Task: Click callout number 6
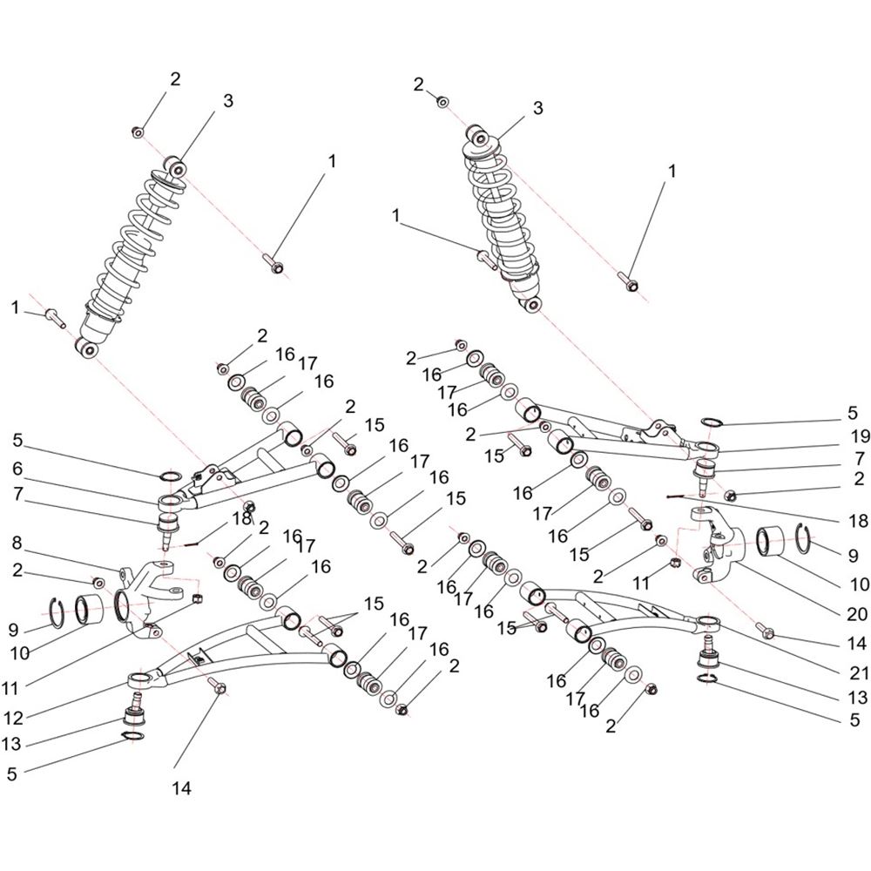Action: pos(17,469)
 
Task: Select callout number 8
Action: pos(17,543)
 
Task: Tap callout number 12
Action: pos(13,719)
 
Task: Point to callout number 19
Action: pos(860,437)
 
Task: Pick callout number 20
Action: pos(857,614)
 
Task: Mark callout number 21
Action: pos(859,672)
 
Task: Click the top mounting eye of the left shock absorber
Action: pos(177,168)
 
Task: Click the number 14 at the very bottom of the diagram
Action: pos(182,788)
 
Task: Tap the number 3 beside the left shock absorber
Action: pos(227,101)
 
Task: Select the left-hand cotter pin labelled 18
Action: pos(189,544)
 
